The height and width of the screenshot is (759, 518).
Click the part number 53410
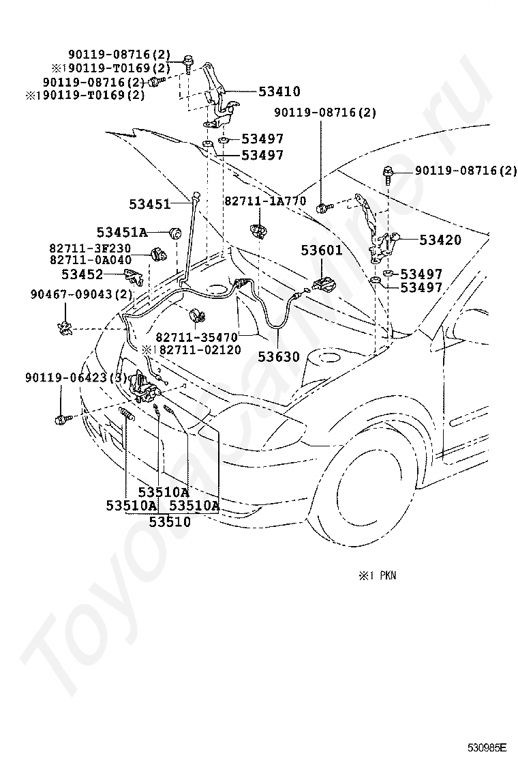pyautogui.click(x=279, y=91)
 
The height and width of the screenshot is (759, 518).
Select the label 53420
pyautogui.click(x=440, y=240)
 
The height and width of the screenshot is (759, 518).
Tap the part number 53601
pyautogui.click(x=321, y=250)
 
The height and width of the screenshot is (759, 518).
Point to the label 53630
pyautogui.click(x=279, y=357)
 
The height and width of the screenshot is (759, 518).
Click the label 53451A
pyautogui.click(x=122, y=232)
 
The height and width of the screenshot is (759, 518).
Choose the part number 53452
pyautogui.click(x=82, y=274)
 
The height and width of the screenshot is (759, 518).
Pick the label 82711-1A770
pyautogui.click(x=265, y=201)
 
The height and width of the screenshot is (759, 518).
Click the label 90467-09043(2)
pyautogui.click(x=82, y=293)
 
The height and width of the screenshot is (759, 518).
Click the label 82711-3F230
pyautogui.click(x=90, y=248)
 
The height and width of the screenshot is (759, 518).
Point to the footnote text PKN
pyautogui.click(x=388, y=575)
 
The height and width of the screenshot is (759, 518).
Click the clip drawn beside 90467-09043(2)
pyautogui.click(x=64, y=329)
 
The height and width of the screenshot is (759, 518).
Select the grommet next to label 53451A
pyautogui.click(x=176, y=232)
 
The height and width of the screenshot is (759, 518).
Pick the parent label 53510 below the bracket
pyautogui.click(x=170, y=521)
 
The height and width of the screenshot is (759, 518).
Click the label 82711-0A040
pyautogui.click(x=90, y=260)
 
